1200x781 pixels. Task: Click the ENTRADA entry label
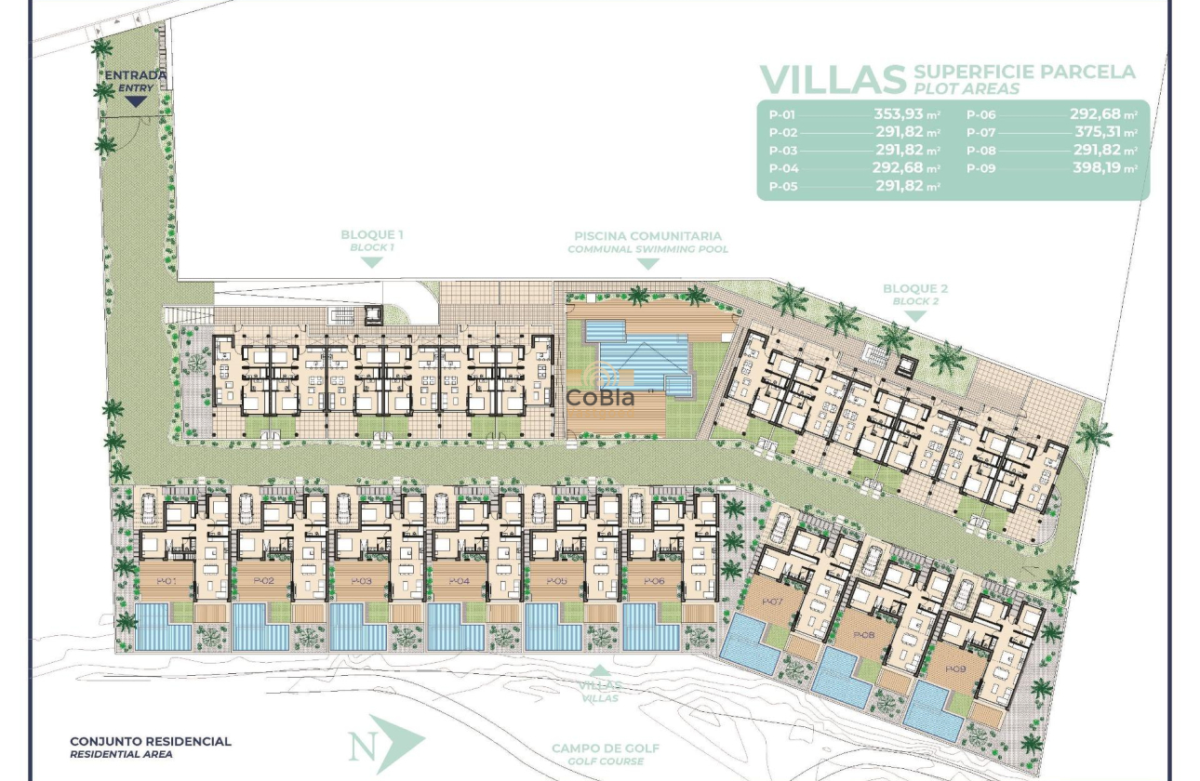[x=135, y=75]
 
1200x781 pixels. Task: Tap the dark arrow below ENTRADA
[x=136, y=101]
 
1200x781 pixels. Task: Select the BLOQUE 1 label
[x=372, y=235]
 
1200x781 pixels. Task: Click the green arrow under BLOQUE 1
[x=372, y=262]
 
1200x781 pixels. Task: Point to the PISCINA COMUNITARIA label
[x=647, y=236]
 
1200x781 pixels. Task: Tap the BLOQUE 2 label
[x=915, y=289]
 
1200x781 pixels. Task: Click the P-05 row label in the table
[x=782, y=186]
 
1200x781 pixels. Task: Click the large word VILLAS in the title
[x=832, y=80]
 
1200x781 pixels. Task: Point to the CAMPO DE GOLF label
[x=605, y=748]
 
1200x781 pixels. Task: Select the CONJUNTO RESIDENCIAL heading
[x=151, y=741]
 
